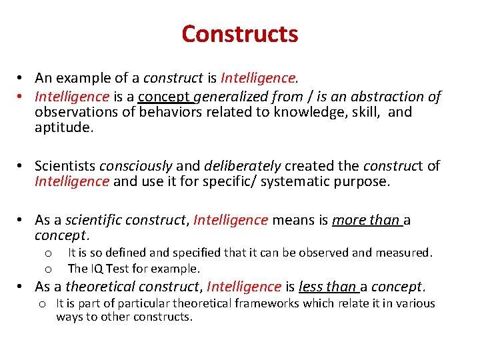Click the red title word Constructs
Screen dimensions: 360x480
240,33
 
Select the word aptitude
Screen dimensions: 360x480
64,127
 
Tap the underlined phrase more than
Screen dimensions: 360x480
366,220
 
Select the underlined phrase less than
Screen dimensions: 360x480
328,287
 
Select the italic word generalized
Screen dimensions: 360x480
230,97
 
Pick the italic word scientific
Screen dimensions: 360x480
91,220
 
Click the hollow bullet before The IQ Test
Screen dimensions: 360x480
48,269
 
